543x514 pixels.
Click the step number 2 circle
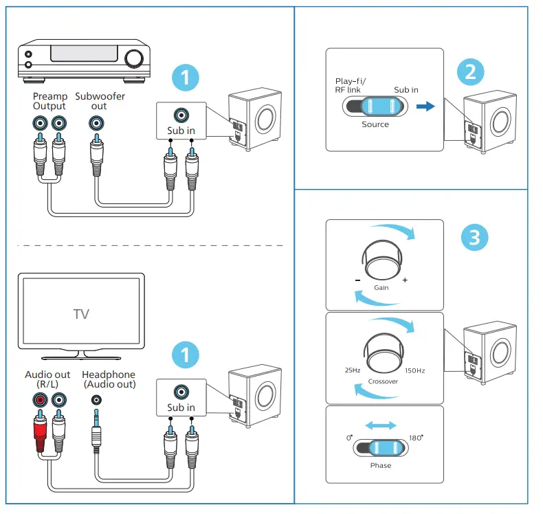click(x=470, y=74)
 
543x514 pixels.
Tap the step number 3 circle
click(x=474, y=238)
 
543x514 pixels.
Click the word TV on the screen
click(x=81, y=315)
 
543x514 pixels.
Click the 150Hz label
click(x=415, y=371)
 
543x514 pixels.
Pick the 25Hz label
click(x=352, y=370)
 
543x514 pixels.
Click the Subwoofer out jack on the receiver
click(x=97, y=124)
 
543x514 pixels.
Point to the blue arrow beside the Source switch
click(x=426, y=107)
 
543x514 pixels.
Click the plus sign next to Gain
click(x=405, y=280)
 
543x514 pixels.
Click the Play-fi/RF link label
click(x=348, y=85)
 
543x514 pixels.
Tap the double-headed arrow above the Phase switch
click(x=380, y=426)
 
